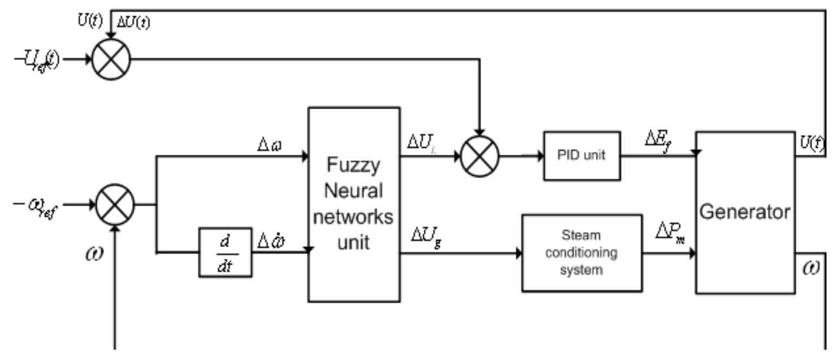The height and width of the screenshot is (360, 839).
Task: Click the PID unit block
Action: pos(582,156)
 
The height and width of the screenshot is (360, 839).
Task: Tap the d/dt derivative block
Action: pos(225,252)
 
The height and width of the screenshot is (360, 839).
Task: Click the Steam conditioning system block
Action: pos(581,253)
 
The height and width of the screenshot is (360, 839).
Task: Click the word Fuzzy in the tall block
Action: pos(354,165)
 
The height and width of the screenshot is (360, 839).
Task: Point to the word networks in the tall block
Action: pos(354,217)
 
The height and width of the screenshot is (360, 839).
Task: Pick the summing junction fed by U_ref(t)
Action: pos(111,58)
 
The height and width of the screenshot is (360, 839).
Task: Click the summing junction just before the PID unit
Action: pos(479,156)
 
